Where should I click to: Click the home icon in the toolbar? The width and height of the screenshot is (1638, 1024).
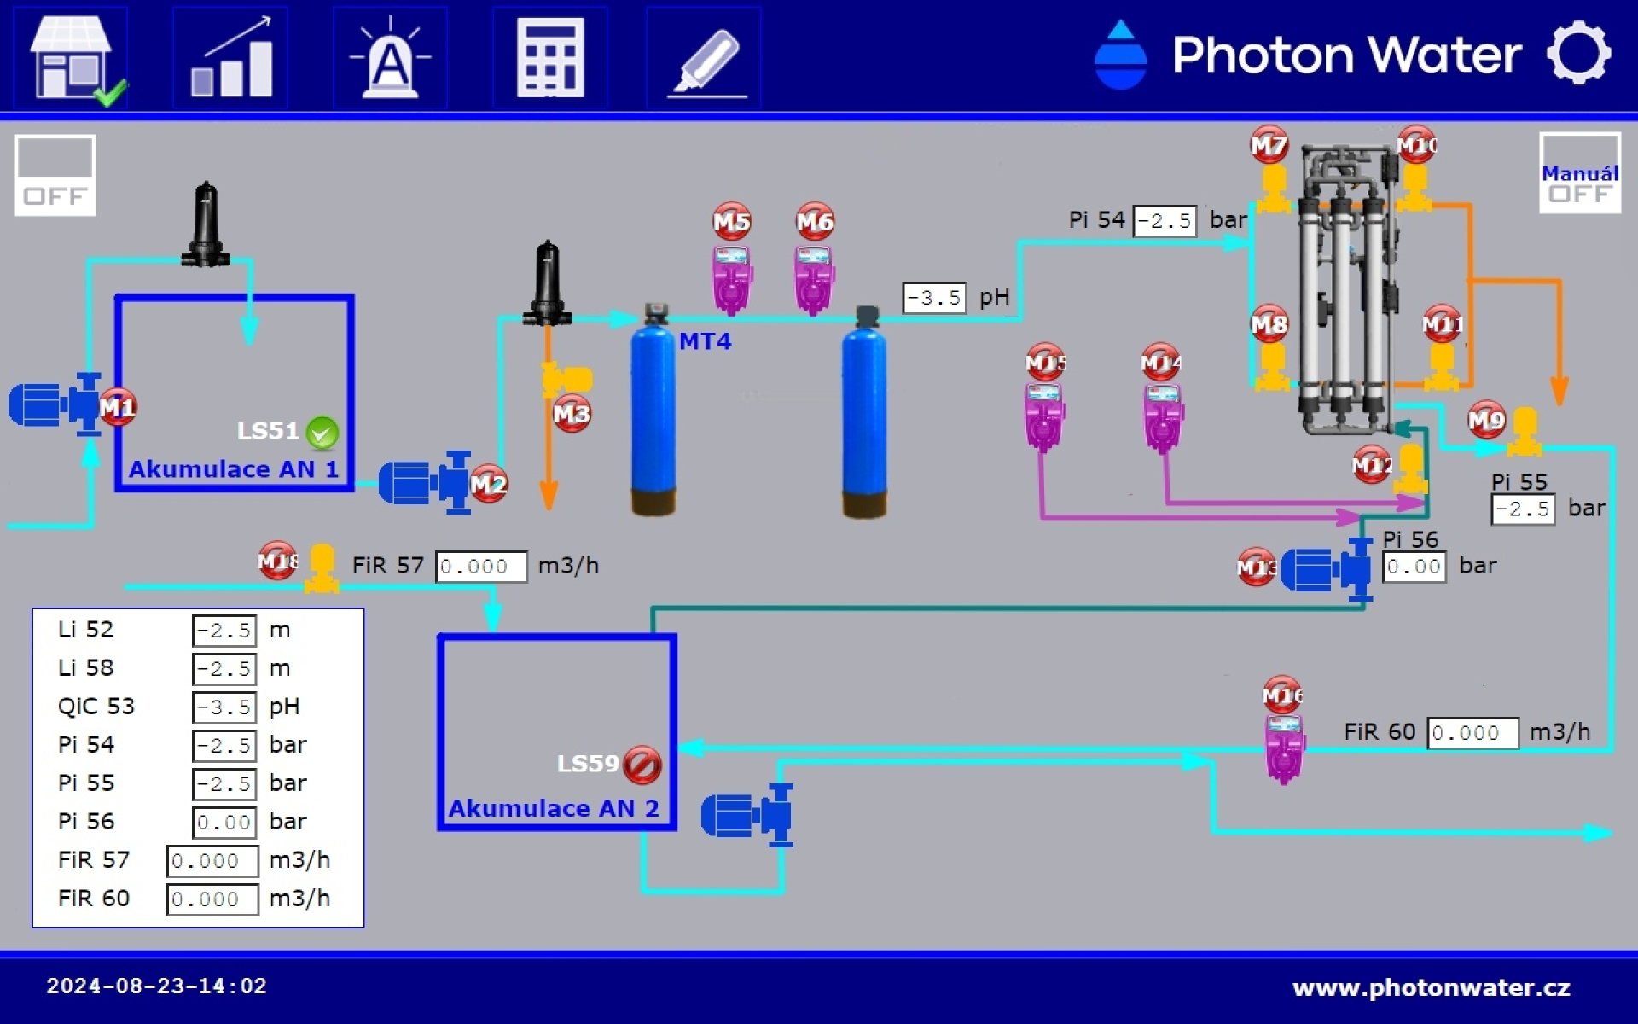coord(73,58)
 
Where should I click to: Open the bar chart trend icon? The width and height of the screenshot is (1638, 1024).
coord(230,58)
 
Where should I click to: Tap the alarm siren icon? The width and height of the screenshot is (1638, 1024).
coord(390,58)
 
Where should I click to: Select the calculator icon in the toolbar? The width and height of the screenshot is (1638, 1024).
coord(550,58)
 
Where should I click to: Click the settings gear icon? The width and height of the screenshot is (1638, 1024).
coord(1578,53)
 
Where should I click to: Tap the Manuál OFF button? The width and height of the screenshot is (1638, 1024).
coord(1579,173)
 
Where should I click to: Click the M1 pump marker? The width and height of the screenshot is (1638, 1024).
coord(117,407)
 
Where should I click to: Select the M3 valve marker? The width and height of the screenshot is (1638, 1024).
coord(572,414)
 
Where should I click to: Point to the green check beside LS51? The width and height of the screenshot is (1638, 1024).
coord(322,433)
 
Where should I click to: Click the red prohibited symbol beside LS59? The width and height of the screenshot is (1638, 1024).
coord(642,765)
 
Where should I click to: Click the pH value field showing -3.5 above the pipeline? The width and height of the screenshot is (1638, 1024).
coord(934,298)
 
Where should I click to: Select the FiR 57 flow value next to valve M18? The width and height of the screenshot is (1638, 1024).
coord(481,567)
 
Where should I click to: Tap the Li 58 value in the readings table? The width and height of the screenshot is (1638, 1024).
coord(224,668)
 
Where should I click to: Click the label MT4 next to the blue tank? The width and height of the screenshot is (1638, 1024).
coord(705,341)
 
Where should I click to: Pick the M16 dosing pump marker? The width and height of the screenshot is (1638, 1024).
coord(1282,695)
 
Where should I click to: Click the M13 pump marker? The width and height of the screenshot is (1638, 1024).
coord(1257,567)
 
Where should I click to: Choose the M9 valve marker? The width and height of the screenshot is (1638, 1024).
coord(1487,420)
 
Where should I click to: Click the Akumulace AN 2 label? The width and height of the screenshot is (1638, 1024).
coord(554,808)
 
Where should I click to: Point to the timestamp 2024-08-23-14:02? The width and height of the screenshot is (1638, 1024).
coord(156,986)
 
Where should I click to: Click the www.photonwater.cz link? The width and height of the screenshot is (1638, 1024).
coord(1432,988)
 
